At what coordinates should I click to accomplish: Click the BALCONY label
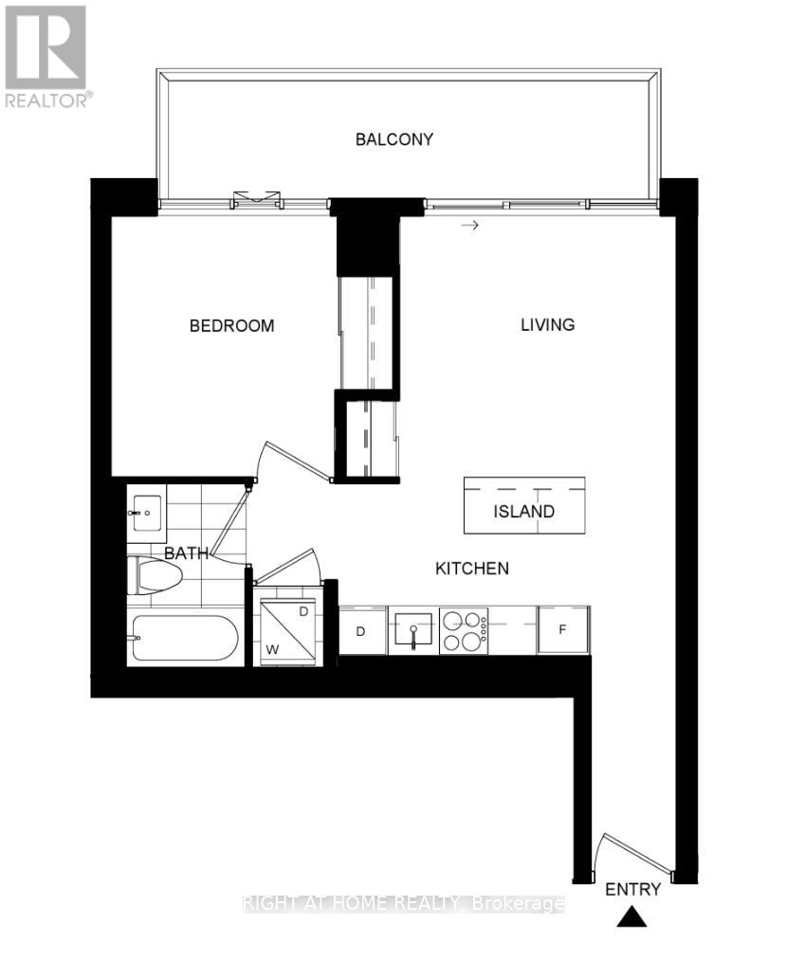click(394, 139)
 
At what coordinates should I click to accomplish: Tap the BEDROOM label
click(232, 326)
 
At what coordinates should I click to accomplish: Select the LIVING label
click(548, 324)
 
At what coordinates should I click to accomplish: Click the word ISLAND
click(523, 512)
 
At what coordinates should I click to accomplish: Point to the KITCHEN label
click(472, 569)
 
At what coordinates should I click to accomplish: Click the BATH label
click(186, 553)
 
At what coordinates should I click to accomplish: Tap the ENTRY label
click(632, 889)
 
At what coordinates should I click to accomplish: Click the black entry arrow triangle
click(632, 917)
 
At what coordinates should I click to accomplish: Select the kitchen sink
click(412, 630)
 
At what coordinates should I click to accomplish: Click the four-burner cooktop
click(464, 631)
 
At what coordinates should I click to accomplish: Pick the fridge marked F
click(562, 630)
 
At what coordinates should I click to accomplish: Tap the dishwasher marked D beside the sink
click(362, 631)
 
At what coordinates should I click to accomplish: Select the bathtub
click(184, 640)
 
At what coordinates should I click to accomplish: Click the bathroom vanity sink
click(146, 513)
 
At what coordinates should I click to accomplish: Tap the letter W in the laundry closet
click(271, 649)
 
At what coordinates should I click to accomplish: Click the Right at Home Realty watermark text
click(404, 904)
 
